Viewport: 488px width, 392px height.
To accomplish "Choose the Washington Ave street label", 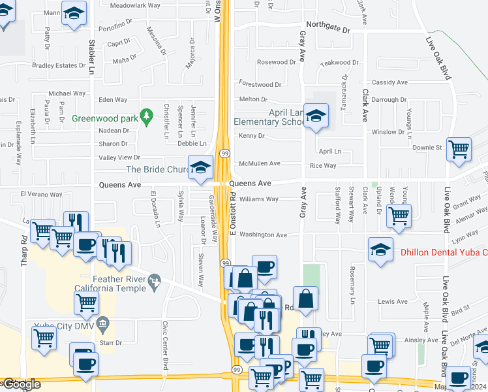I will coord(263,235).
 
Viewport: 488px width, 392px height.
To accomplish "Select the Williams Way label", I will coord(259,199).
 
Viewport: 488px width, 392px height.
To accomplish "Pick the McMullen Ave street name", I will coord(259,163).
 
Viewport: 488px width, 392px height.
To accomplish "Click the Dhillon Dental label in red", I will coord(440,252).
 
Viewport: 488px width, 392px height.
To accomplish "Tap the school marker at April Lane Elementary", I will coord(316,116).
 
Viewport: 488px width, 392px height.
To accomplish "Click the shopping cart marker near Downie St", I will coord(459,149).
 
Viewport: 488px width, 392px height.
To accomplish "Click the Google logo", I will coord(21,384).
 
